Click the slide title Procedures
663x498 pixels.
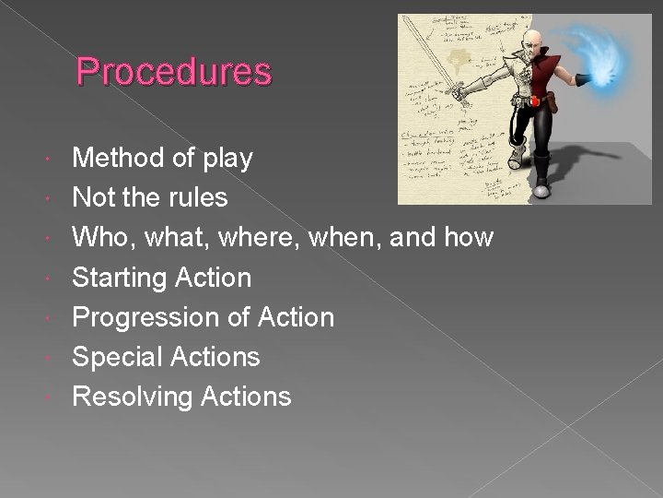(174, 71)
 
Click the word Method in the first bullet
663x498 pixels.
(119, 159)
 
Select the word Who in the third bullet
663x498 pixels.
(97, 238)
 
